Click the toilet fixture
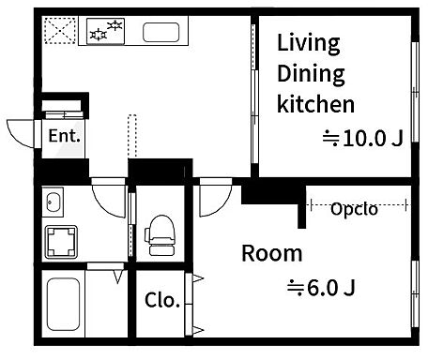160,235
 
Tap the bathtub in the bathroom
63,304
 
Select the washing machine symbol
61,242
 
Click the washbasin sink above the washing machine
53,202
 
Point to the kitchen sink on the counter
161,32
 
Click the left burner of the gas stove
99,35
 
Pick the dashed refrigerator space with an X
60,31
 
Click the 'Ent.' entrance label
64,136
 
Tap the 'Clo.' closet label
162,300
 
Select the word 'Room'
272,253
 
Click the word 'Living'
309,44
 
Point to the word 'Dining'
311,75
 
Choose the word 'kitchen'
315,104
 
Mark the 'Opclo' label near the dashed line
354,209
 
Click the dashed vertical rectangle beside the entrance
132,136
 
